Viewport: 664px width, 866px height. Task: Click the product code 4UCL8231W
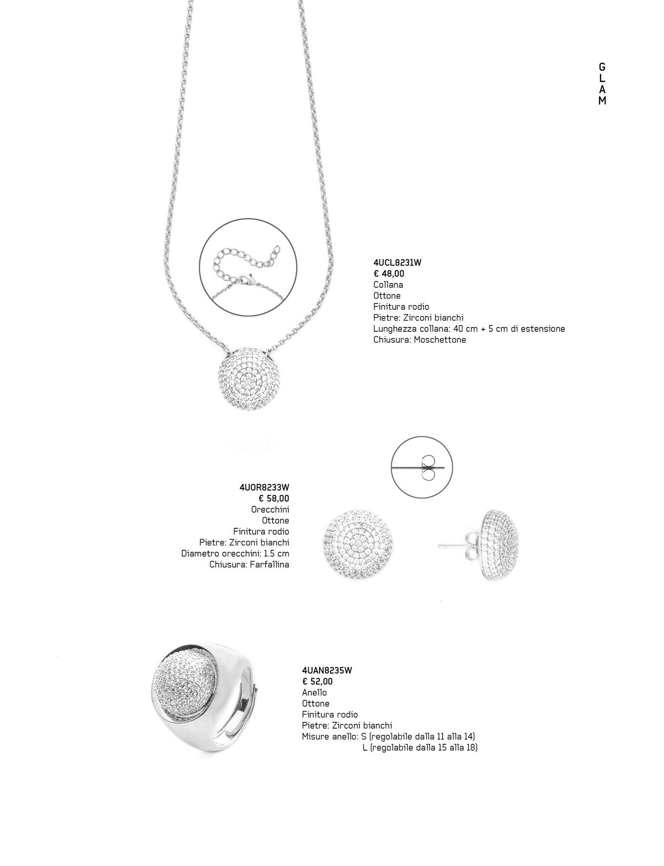(397, 262)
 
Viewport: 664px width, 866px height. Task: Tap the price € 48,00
(389, 274)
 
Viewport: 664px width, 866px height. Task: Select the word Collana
(388, 284)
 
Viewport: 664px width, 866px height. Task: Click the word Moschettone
(440, 340)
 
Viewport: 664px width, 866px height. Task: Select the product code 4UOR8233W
(264, 487)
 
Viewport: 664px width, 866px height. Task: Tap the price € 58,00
(274, 498)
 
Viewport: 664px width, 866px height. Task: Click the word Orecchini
(270, 509)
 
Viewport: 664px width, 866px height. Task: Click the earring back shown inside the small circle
(428, 468)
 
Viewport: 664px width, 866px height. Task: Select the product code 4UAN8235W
(327, 671)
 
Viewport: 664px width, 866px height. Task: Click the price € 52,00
(317, 681)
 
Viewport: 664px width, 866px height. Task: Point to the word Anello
(314, 693)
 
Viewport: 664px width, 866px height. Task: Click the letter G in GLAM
(602, 67)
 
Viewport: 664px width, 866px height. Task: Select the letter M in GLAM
(602, 101)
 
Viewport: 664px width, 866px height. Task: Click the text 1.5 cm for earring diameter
(276, 554)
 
